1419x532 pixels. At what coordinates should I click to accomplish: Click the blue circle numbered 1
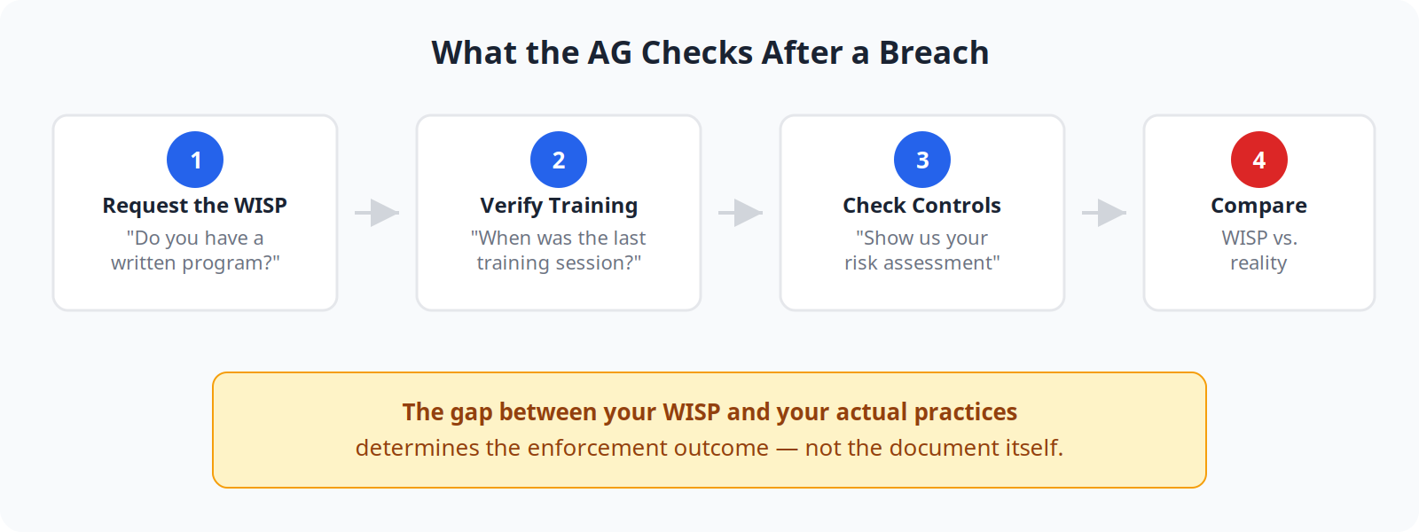click(x=195, y=160)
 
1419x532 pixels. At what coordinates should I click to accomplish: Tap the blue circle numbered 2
click(x=559, y=160)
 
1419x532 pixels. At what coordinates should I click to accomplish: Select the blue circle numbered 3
click(x=922, y=160)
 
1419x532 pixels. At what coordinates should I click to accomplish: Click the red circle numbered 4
click(x=1258, y=160)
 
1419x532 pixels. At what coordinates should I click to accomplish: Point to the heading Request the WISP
click(x=195, y=206)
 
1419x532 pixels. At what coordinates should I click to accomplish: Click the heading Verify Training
click(x=559, y=206)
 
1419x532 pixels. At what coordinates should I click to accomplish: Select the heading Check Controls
click(x=922, y=206)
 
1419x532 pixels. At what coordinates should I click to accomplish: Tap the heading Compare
click(x=1258, y=206)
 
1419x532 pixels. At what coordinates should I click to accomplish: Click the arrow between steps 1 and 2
click(x=377, y=213)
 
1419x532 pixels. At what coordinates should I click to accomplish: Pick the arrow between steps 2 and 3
click(x=741, y=213)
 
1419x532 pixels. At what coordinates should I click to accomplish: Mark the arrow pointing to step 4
click(x=1104, y=213)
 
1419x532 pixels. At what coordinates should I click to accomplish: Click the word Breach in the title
click(x=933, y=53)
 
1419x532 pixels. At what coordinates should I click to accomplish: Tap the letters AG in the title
click(x=609, y=53)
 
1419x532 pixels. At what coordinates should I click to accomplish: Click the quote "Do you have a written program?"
click(x=195, y=250)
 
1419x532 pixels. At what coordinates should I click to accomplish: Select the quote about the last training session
click(x=559, y=250)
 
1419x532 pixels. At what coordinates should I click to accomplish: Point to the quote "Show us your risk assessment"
click(x=922, y=250)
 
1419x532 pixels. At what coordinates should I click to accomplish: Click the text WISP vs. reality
click(x=1258, y=250)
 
